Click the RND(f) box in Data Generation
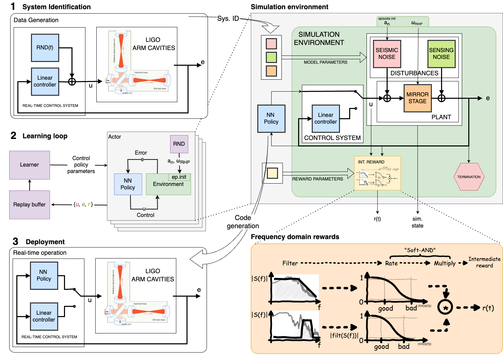(x=45, y=48)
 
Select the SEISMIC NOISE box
(x=387, y=54)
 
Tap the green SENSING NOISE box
(x=441, y=54)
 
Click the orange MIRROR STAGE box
(x=418, y=98)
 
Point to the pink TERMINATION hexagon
(x=469, y=177)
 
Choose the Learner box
(x=30, y=165)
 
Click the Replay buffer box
(x=30, y=204)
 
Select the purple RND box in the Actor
(x=179, y=144)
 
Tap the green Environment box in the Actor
(x=168, y=184)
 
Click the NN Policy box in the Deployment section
(x=44, y=276)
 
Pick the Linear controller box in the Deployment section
(x=44, y=316)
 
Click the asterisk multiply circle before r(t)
(x=445, y=308)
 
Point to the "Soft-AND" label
(x=420, y=250)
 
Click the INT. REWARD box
(x=377, y=173)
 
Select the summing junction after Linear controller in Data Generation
(x=72, y=82)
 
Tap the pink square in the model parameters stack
(x=271, y=44)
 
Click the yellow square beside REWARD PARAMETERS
(x=272, y=173)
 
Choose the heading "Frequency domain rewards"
(x=295, y=237)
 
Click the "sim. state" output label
(x=418, y=222)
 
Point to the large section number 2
(x=14, y=136)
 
